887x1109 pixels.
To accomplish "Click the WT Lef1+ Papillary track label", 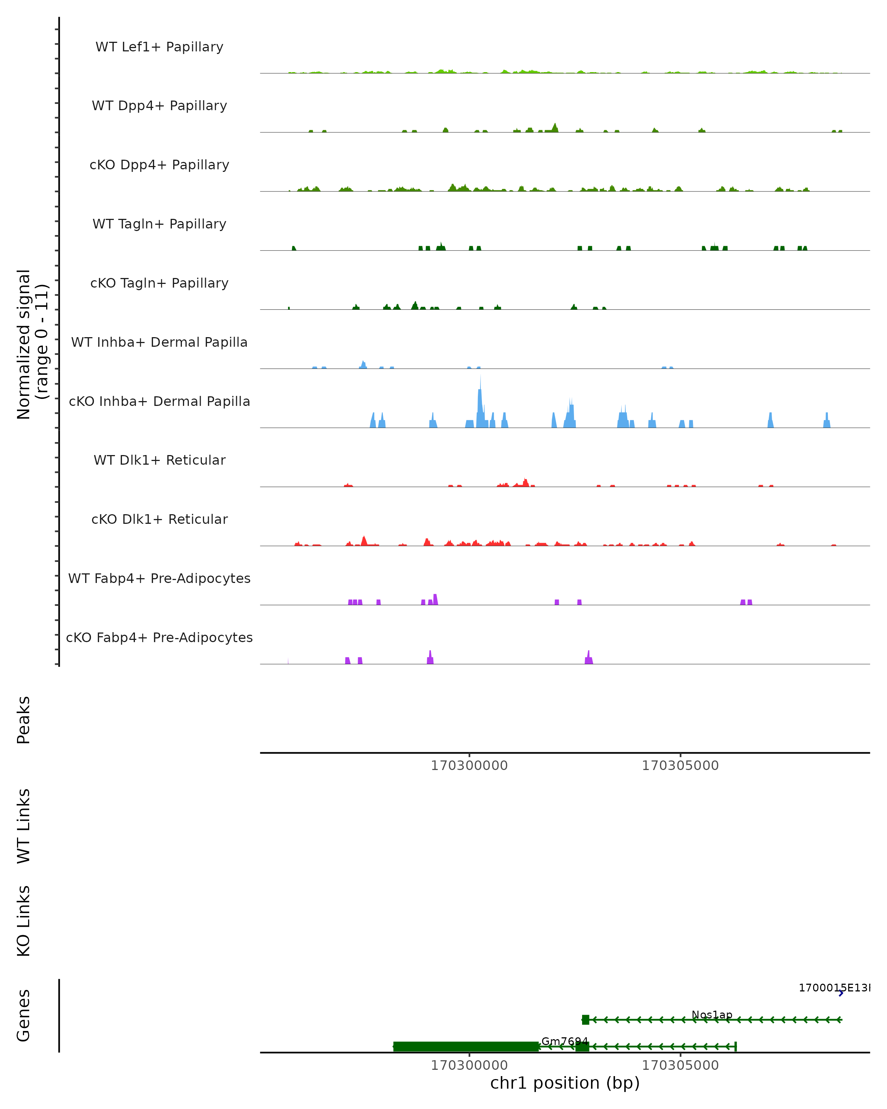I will click(x=159, y=47).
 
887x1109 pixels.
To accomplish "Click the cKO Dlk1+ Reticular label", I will click(x=159, y=519).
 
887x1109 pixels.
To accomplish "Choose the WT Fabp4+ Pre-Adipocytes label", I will click(x=159, y=578).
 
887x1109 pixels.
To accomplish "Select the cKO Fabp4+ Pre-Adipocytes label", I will click(x=159, y=637).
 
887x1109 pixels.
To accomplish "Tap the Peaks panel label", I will click(x=24, y=720).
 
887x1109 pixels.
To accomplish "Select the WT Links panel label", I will click(x=24, y=825).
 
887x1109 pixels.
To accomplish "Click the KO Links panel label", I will click(x=24, y=921).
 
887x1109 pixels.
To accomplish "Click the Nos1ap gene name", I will click(x=712, y=1015).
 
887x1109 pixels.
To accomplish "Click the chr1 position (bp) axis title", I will click(x=565, y=1083).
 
